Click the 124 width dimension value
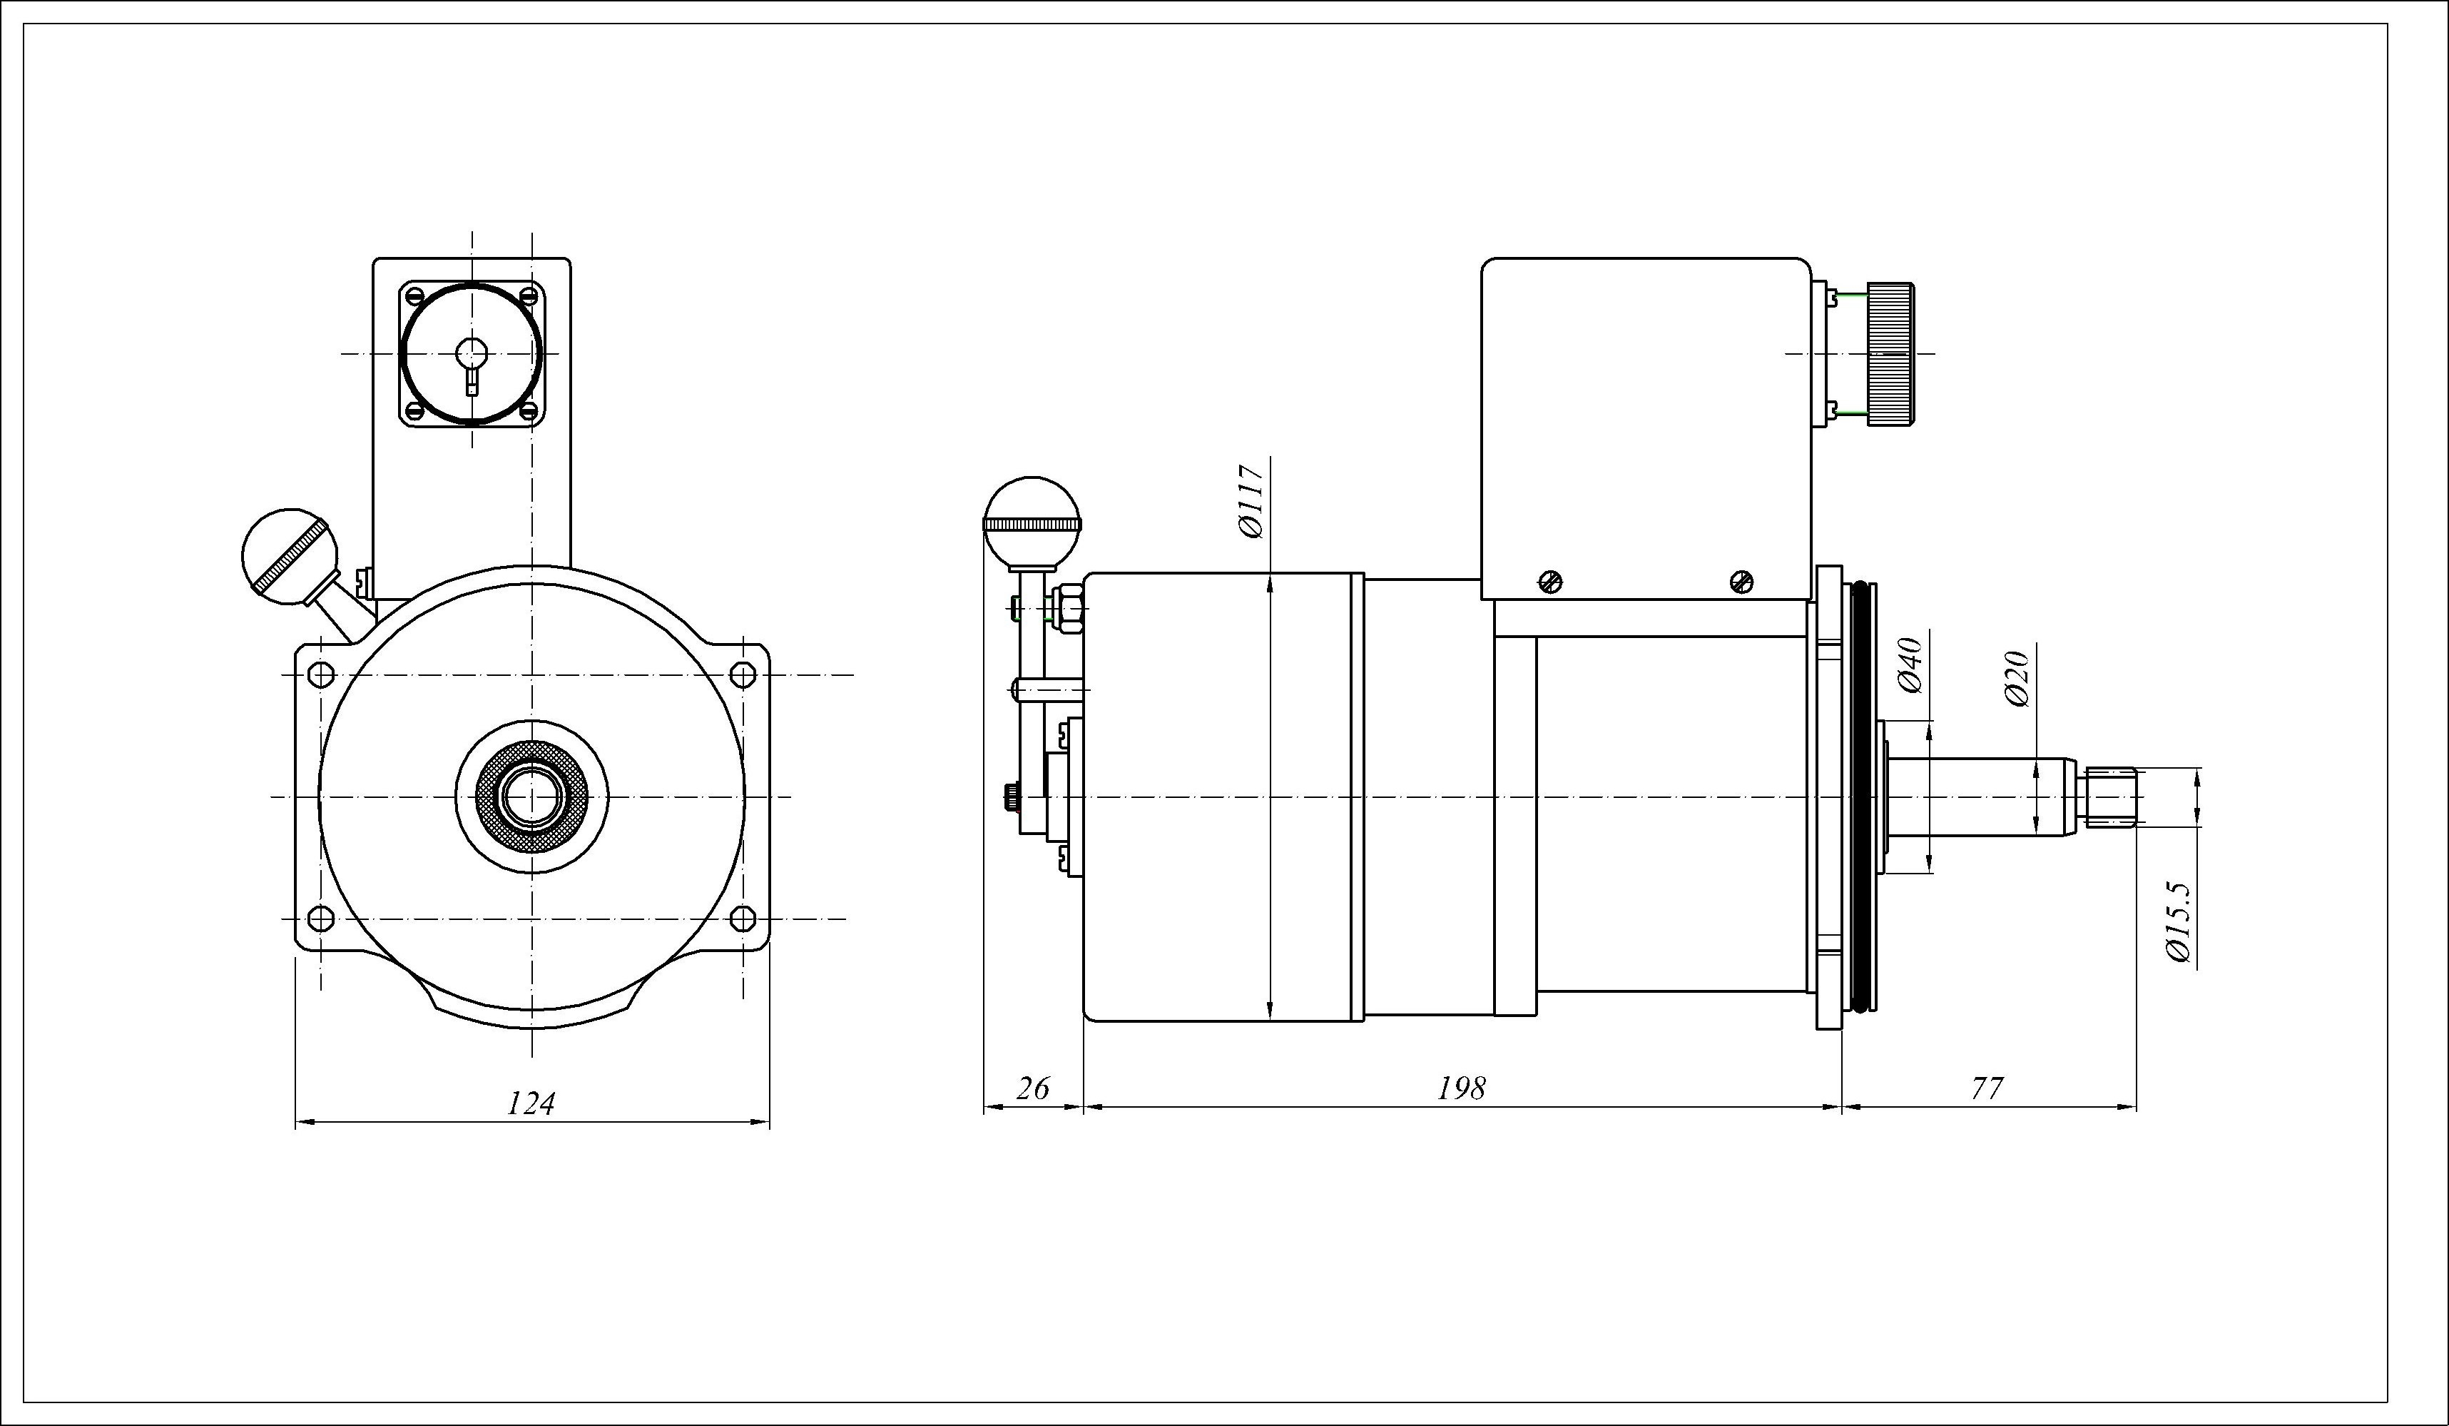point(531,1103)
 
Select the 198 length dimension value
point(1461,1088)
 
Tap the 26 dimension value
point(1032,1088)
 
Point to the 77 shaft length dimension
point(1987,1088)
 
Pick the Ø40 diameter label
point(1910,666)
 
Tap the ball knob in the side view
point(1032,523)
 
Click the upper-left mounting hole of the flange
point(321,674)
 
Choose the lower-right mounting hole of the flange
point(743,918)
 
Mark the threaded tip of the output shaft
point(2111,797)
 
